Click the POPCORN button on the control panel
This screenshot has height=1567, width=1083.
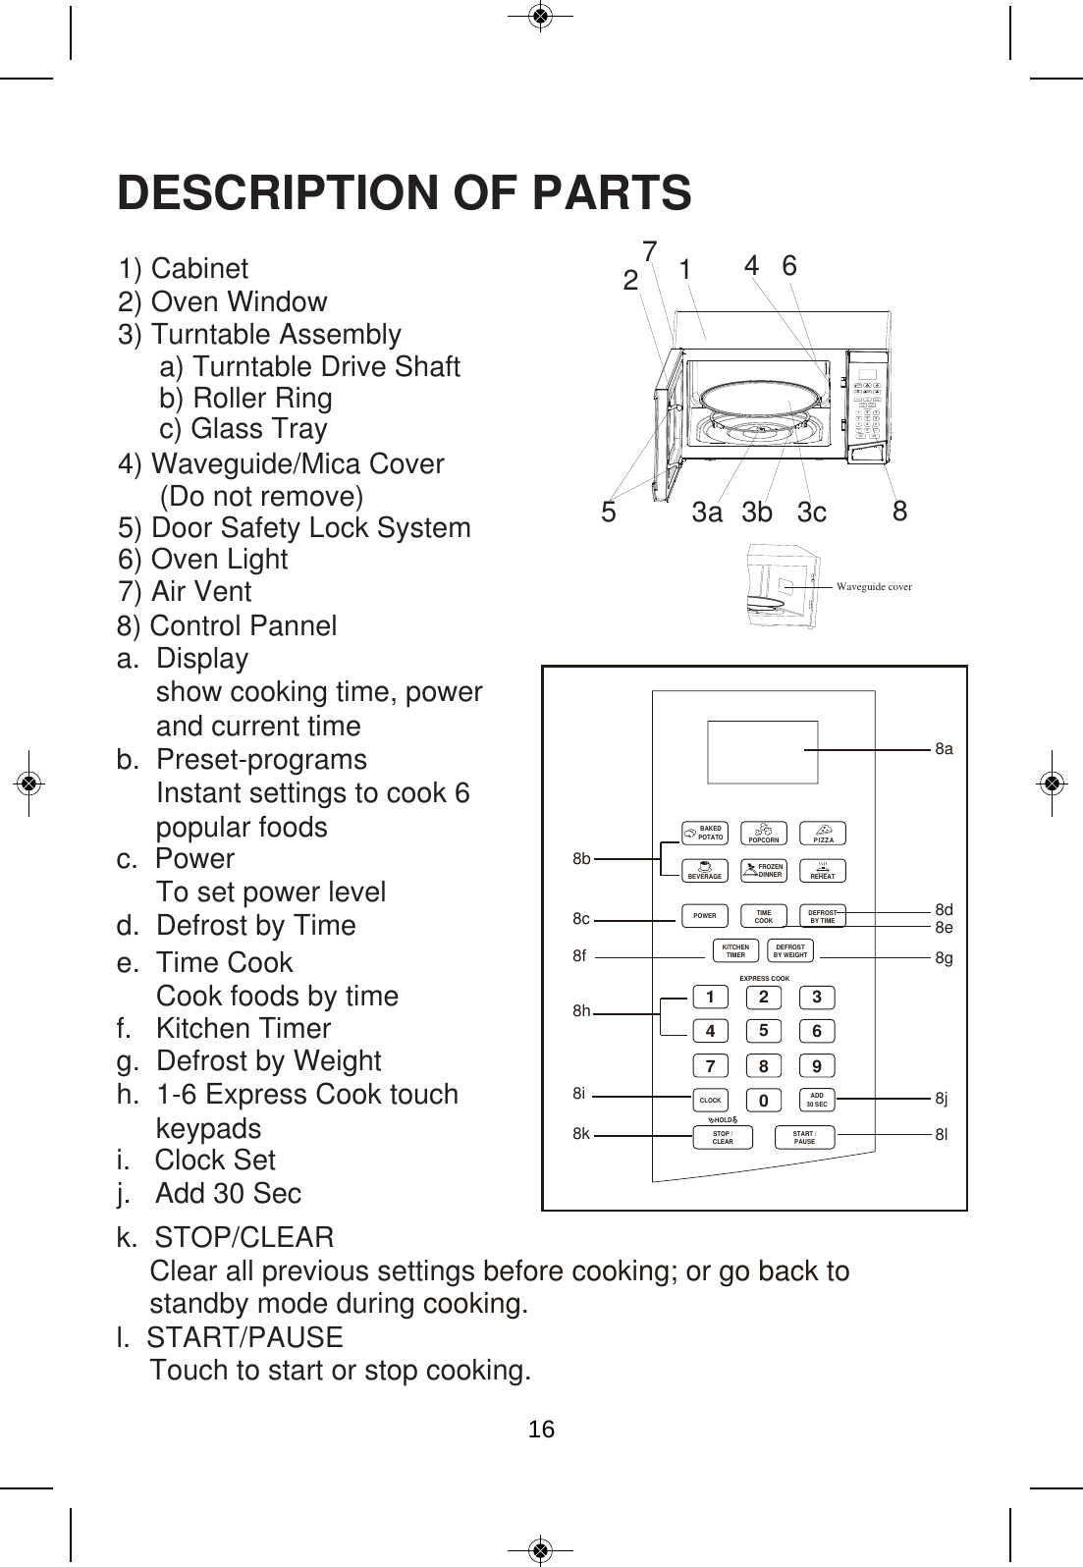[764, 835]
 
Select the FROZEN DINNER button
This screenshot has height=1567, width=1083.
[764, 871]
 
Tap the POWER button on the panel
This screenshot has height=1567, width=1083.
[705, 916]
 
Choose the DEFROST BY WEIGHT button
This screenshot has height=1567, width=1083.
[789, 951]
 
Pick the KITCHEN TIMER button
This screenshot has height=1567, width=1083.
[735, 951]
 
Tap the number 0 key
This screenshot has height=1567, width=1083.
[762, 1102]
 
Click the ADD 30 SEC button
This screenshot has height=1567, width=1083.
[817, 1101]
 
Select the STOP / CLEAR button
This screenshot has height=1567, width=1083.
[723, 1138]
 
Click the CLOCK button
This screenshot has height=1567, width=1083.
[710, 1101]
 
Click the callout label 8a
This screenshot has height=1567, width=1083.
[944, 749]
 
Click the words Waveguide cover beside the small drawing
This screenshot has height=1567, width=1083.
[874, 587]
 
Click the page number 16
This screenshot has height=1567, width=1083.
[541, 1430]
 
